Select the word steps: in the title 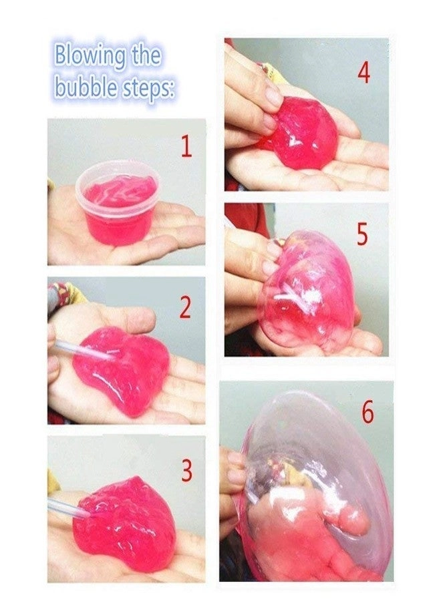click(x=146, y=89)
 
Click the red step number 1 click(x=186, y=146)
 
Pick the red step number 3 click(x=187, y=471)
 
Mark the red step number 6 click(x=368, y=413)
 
